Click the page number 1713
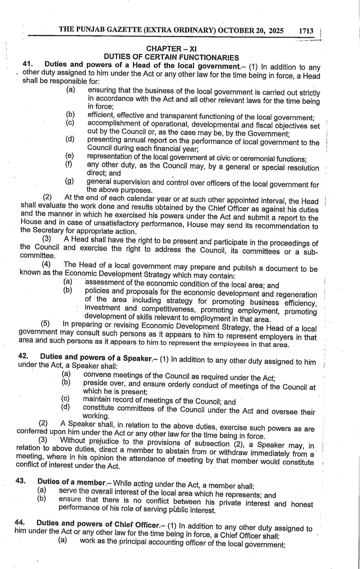pos(306,31)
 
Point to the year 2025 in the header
pos(276,31)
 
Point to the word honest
pos(302,504)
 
